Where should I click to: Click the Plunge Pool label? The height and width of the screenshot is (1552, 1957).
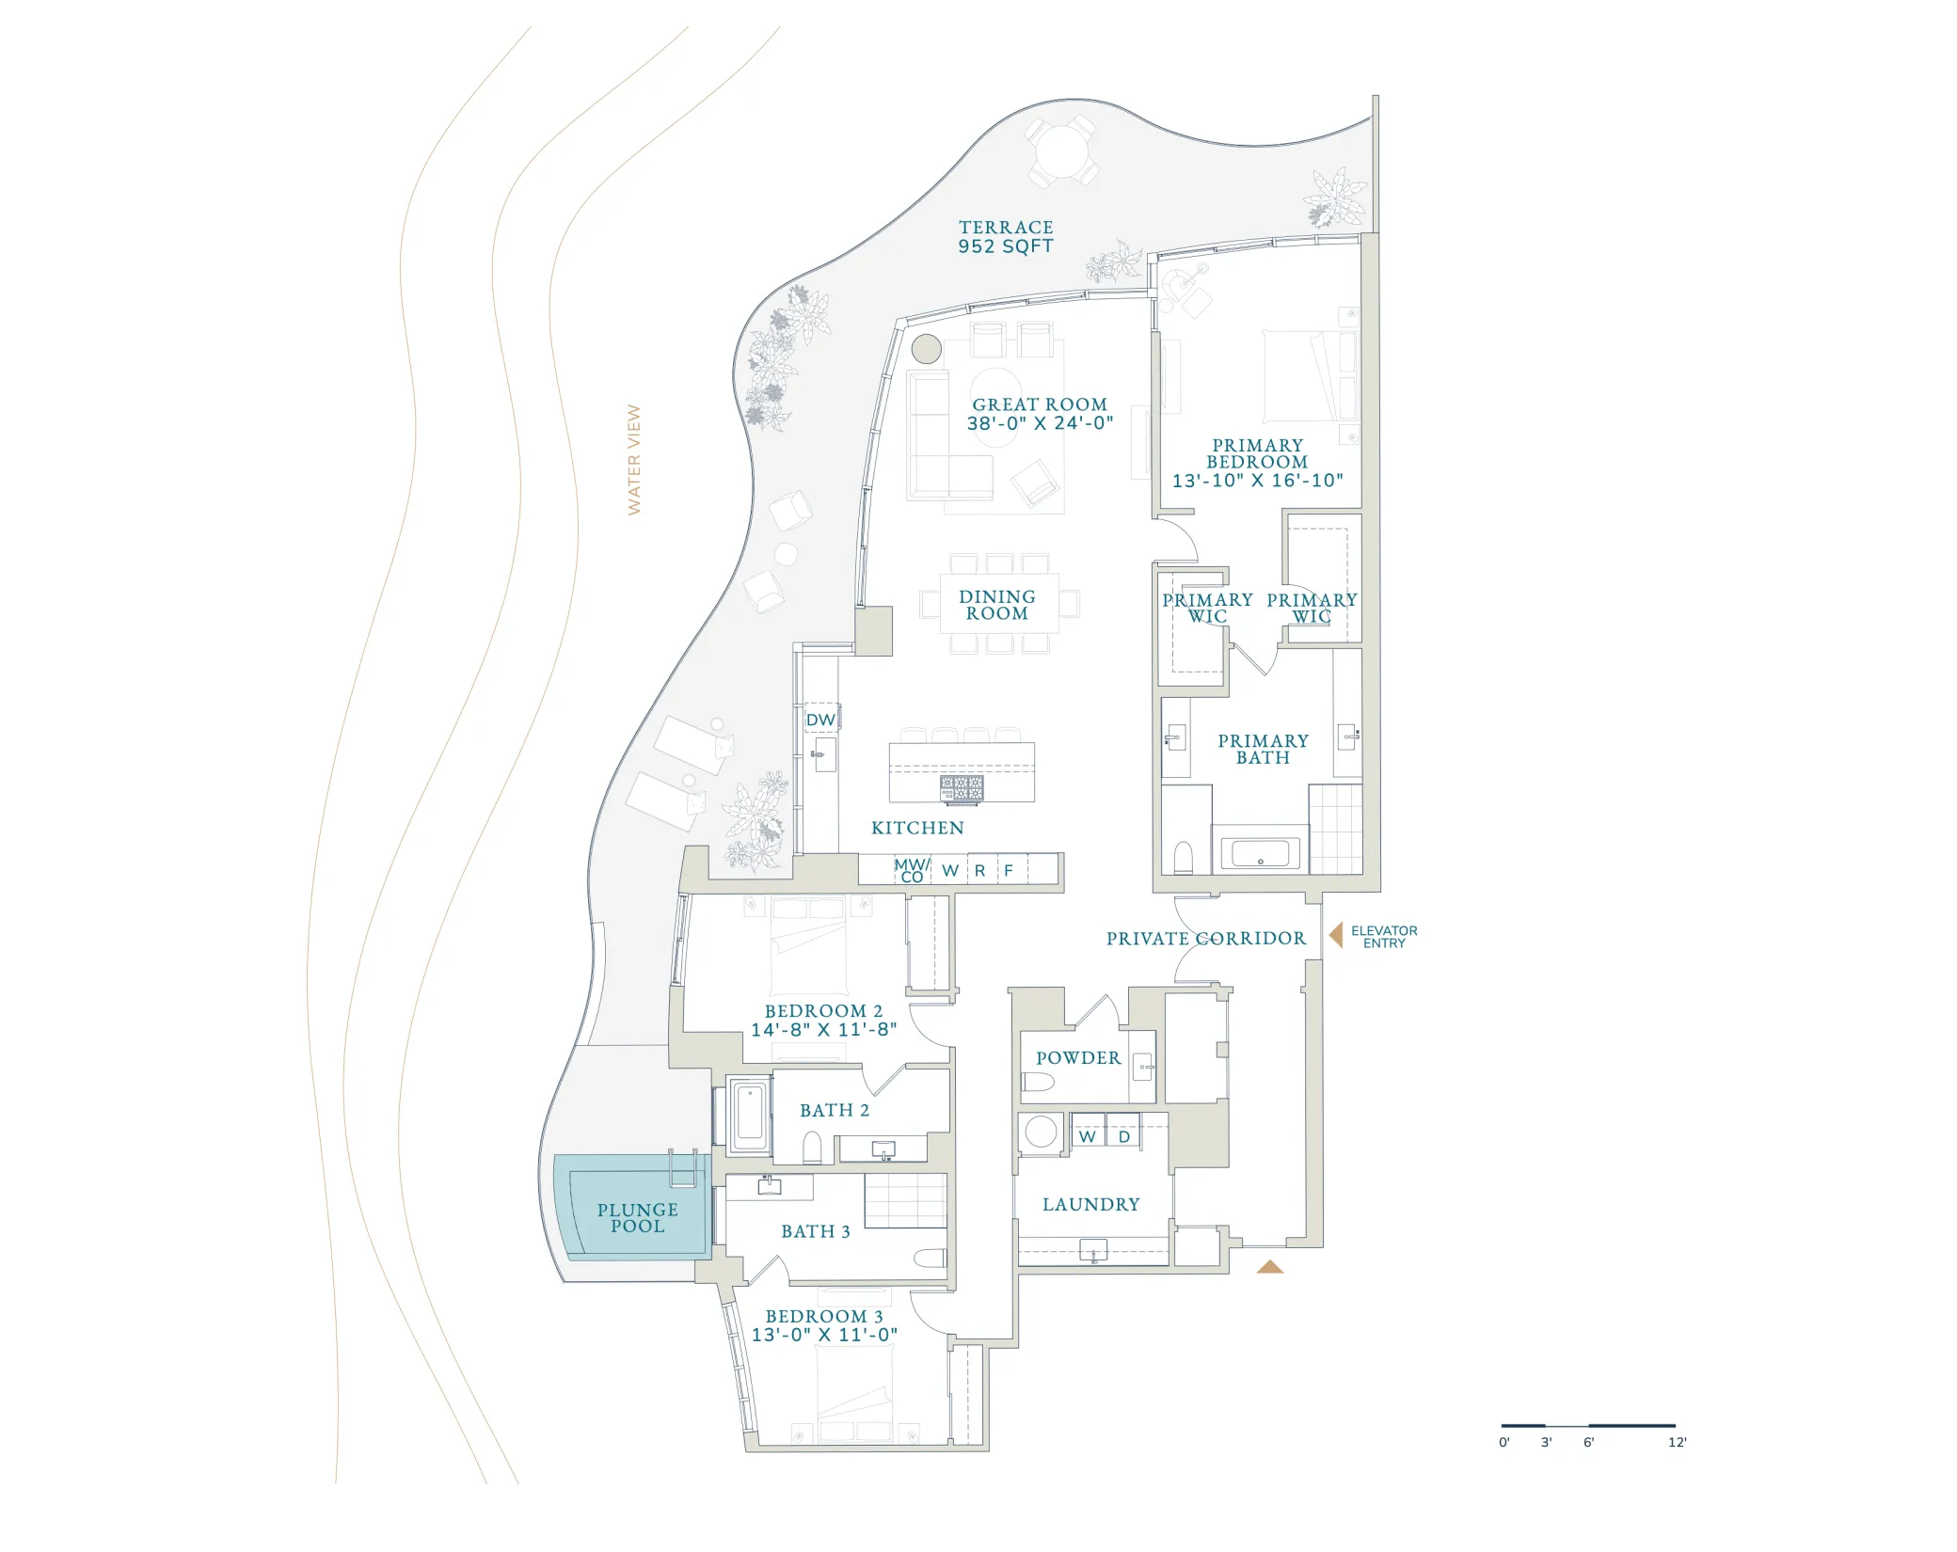(638, 1218)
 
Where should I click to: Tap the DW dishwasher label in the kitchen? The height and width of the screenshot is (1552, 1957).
(820, 720)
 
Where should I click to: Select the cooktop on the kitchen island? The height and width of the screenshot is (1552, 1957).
(962, 789)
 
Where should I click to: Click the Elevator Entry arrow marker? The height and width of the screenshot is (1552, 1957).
(1335, 935)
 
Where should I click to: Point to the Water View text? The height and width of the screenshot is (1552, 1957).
(634, 460)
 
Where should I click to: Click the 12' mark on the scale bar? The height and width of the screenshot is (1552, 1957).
(1678, 1442)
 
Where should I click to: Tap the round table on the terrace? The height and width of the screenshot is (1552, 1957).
(1062, 151)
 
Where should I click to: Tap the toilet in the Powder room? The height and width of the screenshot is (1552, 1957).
(1038, 1083)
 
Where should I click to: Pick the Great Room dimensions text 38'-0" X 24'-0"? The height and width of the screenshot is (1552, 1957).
(1040, 423)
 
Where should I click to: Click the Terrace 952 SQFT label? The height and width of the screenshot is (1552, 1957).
(1006, 237)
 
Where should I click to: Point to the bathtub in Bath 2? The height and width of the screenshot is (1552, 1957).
(749, 1116)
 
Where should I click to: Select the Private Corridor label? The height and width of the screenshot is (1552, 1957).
(1206, 939)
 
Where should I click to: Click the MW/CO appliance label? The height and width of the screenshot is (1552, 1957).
(912, 870)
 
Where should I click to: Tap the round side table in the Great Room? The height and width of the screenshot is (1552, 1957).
(927, 349)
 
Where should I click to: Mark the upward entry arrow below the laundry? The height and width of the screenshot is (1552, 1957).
(1270, 1267)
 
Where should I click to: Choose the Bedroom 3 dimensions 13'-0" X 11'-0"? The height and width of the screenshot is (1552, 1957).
(824, 1335)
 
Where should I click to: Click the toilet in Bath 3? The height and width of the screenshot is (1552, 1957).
(931, 1259)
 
